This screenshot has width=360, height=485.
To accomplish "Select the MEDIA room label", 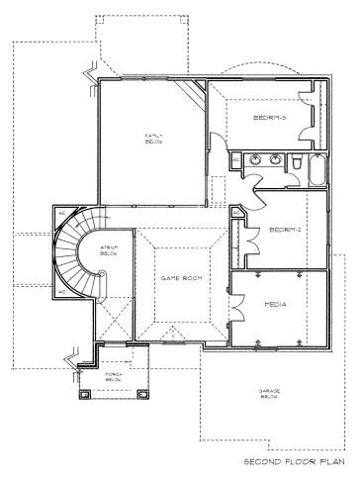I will pyautogui.click(x=276, y=305).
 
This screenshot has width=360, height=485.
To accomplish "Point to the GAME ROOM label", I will pyautogui.click(x=182, y=279).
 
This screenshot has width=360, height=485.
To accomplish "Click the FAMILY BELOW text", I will pyautogui.click(x=153, y=138).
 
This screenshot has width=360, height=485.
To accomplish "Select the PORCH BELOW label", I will pyautogui.click(x=114, y=378).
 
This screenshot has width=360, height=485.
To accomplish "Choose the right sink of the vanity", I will pyautogui.click(x=271, y=158).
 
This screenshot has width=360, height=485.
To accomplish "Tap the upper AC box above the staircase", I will pyautogui.click(x=60, y=212).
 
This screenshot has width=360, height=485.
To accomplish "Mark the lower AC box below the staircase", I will pyautogui.click(x=60, y=292).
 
